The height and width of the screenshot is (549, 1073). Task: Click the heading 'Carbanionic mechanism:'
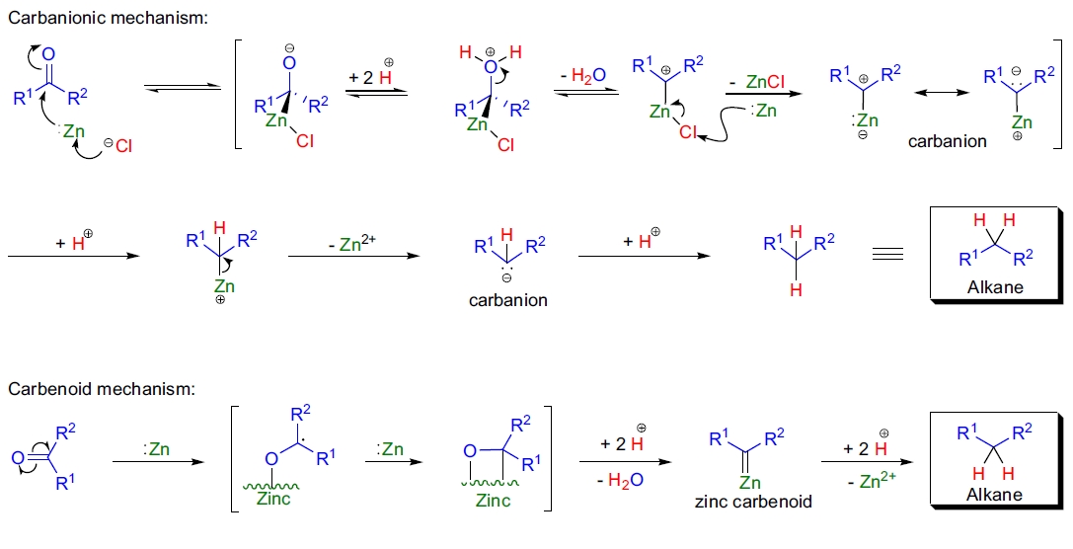point(108,17)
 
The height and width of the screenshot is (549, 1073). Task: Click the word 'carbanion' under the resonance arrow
point(948,141)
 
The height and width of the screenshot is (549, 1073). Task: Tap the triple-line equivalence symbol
point(887,254)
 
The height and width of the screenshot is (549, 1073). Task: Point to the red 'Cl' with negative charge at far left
point(121,146)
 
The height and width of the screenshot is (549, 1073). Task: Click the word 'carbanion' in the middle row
point(507,299)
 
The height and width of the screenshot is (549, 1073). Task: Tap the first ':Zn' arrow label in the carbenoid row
point(159,448)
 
